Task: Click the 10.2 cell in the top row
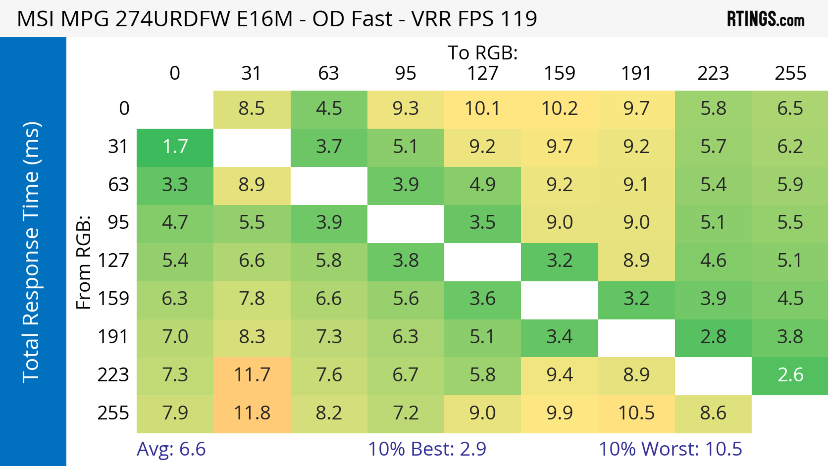coord(559,109)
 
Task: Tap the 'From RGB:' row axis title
coord(84,262)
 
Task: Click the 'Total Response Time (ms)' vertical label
coord(31,252)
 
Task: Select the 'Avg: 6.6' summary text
coord(171,449)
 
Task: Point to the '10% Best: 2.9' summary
coord(427,449)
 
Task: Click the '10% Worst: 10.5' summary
coord(670,449)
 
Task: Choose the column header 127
coord(483,73)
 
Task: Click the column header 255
coord(790,73)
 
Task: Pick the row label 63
coord(118,185)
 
